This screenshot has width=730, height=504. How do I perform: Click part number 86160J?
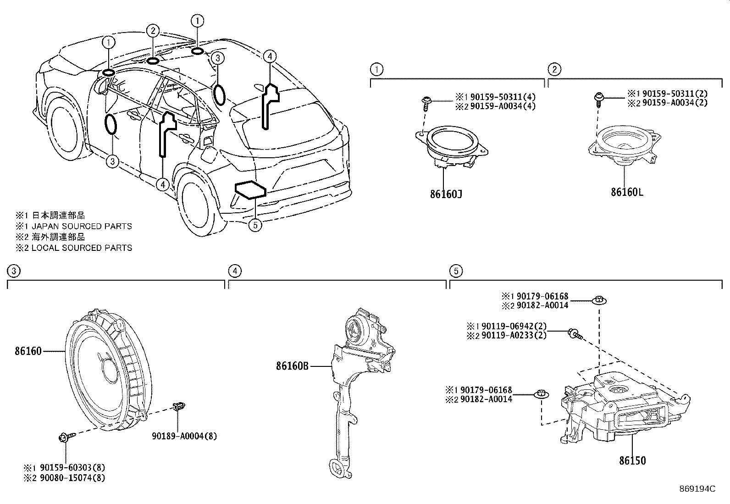coord(445,194)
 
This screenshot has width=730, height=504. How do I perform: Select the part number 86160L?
coord(626,192)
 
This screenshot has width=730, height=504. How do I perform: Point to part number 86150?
coord(632,460)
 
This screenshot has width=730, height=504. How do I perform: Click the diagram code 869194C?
coord(697,488)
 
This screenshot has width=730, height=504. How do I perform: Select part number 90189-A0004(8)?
coord(184,436)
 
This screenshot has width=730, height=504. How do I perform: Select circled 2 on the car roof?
coord(153,31)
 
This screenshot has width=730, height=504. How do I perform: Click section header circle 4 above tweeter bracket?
coord(234,271)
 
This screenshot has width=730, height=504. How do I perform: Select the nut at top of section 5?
coord(599,300)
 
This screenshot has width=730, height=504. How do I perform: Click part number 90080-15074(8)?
coord(72,478)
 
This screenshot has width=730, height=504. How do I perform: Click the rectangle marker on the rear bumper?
coord(250,190)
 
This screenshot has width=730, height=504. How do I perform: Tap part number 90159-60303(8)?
coord(72,467)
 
